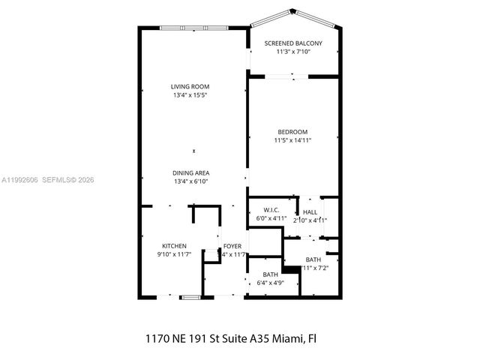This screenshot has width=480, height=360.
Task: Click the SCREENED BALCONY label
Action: click(x=292, y=43)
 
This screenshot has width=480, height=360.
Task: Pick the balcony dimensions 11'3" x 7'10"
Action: click(x=292, y=52)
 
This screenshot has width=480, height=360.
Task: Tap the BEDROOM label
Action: click(x=292, y=132)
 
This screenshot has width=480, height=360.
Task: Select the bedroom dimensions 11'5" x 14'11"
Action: click(x=292, y=140)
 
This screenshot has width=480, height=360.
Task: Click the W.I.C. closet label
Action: click(x=271, y=210)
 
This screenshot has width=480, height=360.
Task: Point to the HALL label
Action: click(x=310, y=212)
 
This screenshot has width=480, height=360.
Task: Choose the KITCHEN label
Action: click(x=174, y=246)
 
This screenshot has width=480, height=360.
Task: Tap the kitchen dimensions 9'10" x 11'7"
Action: click(x=174, y=255)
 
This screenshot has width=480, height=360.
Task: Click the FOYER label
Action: click(x=232, y=246)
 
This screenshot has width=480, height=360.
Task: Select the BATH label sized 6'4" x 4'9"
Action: click(x=268, y=275)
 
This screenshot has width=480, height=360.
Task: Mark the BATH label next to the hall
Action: click(x=313, y=259)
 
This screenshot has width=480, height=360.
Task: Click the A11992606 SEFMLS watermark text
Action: click(x=48, y=179)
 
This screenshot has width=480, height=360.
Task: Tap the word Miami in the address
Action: click(x=286, y=338)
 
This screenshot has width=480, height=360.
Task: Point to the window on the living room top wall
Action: click(x=193, y=28)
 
